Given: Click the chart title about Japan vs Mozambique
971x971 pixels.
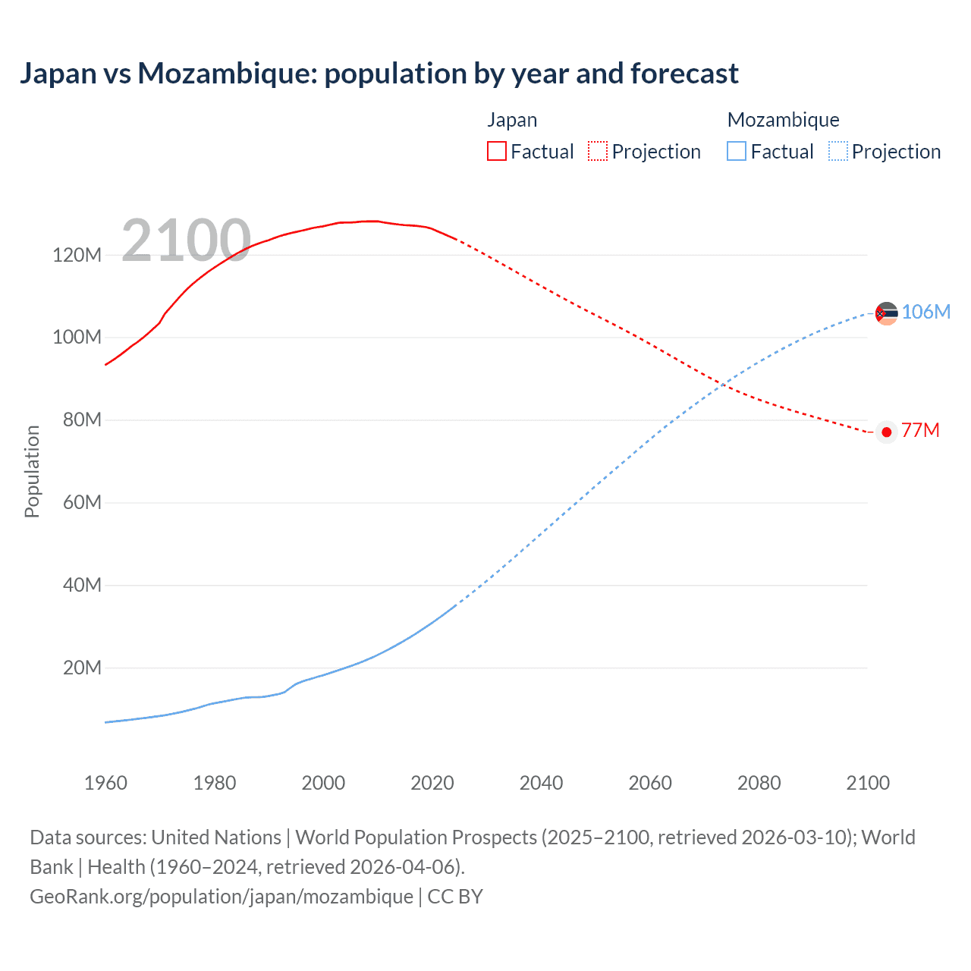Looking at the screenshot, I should [379, 74].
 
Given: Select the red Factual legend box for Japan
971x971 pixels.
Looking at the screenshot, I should [496, 151].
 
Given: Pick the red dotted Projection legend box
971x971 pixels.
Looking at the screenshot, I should [597, 151].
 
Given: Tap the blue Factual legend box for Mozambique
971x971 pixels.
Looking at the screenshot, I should [736, 151].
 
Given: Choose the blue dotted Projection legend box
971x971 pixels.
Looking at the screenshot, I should [837, 151].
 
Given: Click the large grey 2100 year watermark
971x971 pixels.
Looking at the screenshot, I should [186, 240].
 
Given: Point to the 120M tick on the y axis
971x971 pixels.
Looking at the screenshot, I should [77, 255].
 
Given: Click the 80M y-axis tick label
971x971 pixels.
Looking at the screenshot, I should [81, 420].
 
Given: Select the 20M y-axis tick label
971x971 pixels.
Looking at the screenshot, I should [81, 668].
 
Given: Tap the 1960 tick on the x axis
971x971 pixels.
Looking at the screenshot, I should [105, 783].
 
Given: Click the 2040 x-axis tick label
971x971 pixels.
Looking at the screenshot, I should [541, 783].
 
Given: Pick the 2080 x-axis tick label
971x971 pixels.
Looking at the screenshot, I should [759, 783].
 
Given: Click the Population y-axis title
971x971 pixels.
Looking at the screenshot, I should [32, 471].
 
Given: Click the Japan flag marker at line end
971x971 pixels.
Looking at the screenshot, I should [886, 432].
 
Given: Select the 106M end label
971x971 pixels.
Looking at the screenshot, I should [925, 312].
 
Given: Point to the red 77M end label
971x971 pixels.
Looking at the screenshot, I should [920, 431].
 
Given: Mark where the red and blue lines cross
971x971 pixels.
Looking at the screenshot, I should [722, 385].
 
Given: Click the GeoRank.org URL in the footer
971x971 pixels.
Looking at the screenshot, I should [222, 897].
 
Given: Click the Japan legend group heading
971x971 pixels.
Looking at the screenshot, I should [512, 120].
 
